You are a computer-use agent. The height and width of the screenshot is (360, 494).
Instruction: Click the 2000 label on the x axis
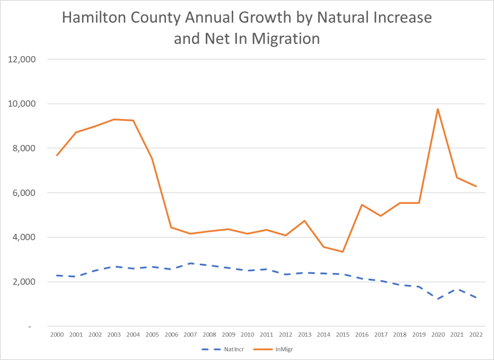57,334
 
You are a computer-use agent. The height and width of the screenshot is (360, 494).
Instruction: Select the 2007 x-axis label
190,334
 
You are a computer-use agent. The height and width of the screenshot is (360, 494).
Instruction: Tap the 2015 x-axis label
342,334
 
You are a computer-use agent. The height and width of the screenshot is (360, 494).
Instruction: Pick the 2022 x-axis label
476,334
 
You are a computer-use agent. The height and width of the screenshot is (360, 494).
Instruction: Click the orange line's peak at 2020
438,109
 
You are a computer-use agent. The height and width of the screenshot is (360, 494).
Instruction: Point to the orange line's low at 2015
342,252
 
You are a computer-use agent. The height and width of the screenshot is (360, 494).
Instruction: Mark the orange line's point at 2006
171,227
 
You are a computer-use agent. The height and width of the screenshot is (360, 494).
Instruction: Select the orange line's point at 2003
114,119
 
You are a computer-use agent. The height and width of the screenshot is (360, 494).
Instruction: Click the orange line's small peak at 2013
304,221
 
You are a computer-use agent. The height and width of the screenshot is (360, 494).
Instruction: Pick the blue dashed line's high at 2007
190,263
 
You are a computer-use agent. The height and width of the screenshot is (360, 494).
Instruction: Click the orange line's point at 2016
361,205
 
